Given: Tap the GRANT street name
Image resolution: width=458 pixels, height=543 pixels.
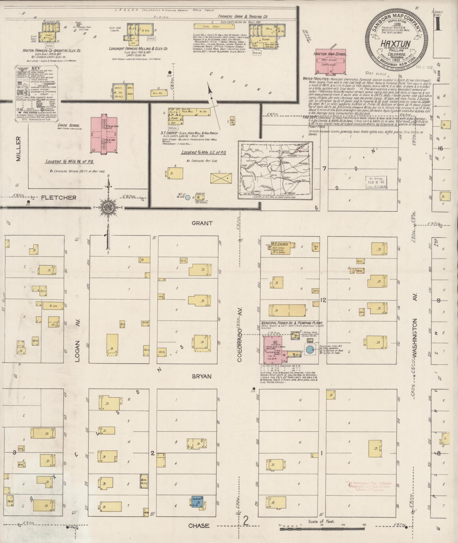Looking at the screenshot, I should tap(202, 223).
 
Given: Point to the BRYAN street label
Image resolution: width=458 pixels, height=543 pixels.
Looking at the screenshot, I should tap(202, 376).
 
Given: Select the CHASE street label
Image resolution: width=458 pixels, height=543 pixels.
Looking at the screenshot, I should tap(199, 526).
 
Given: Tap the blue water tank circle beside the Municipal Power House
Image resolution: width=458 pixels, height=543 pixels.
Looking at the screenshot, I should tap(310, 349).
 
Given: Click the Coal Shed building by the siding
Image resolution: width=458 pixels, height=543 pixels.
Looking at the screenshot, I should tap(214, 26).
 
